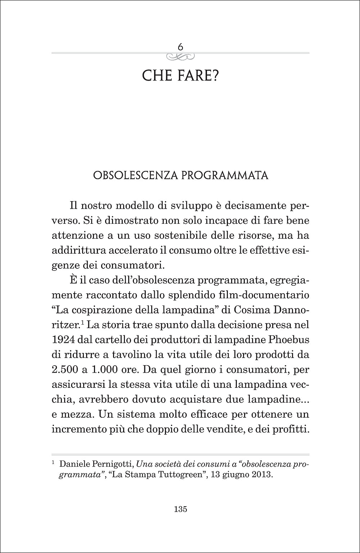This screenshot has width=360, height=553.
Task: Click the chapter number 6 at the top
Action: coord(180,47)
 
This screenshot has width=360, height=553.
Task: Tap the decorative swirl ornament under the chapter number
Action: coord(180,56)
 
